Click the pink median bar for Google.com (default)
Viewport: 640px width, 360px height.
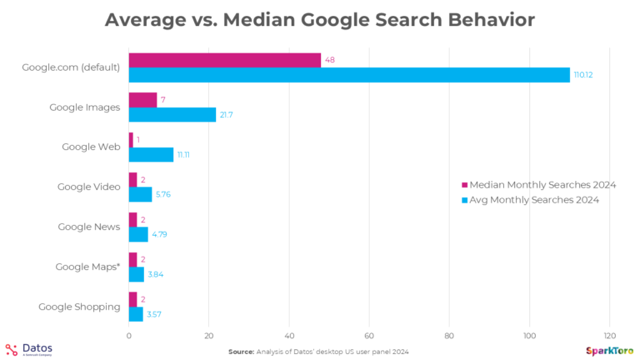coord(225,60)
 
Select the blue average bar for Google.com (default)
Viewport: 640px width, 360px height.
coord(349,75)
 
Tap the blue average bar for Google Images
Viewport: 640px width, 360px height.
coord(172,115)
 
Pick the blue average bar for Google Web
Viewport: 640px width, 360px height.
coord(151,154)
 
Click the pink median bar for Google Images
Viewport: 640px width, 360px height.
coord(142,100)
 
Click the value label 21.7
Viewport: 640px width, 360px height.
coord(227,115)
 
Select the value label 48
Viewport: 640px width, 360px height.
coord(331,60)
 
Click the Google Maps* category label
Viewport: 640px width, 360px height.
coord(87,267)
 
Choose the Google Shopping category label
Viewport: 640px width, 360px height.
coord(80,307)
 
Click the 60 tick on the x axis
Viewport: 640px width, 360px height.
coord(369,335)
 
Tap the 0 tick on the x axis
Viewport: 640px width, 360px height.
coord(129,335)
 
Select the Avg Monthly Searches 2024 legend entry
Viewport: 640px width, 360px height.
coord(529,200)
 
